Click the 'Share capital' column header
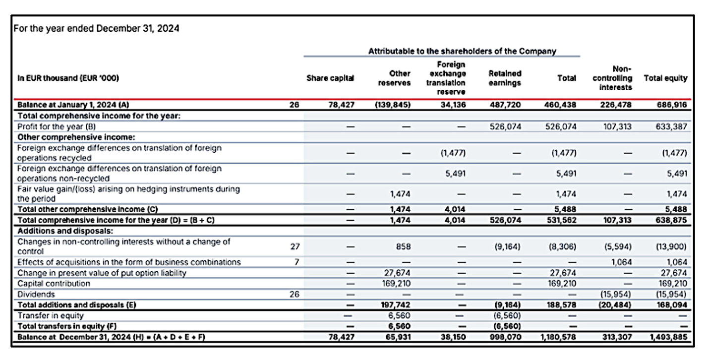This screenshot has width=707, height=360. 330,78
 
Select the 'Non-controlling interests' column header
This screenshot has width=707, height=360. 612,78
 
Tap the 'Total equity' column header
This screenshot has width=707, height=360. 666,78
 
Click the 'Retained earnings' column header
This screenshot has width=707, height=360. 505,78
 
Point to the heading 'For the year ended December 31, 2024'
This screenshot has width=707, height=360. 96,28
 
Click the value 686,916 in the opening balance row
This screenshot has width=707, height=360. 672,105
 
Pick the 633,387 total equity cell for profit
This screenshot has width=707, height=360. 672,126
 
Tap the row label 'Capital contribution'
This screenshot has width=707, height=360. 54,283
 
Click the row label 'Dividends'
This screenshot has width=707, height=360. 36,295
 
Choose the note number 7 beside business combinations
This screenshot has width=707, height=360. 296,262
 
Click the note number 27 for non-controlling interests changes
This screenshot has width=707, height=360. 295,246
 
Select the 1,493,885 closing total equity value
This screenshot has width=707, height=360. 668,337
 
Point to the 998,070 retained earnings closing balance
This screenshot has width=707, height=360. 505,337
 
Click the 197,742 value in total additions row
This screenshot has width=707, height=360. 396,305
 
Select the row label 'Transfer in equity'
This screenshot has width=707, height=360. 51,315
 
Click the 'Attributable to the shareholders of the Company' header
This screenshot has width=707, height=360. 462,51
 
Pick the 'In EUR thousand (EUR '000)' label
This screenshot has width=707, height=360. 68,78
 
